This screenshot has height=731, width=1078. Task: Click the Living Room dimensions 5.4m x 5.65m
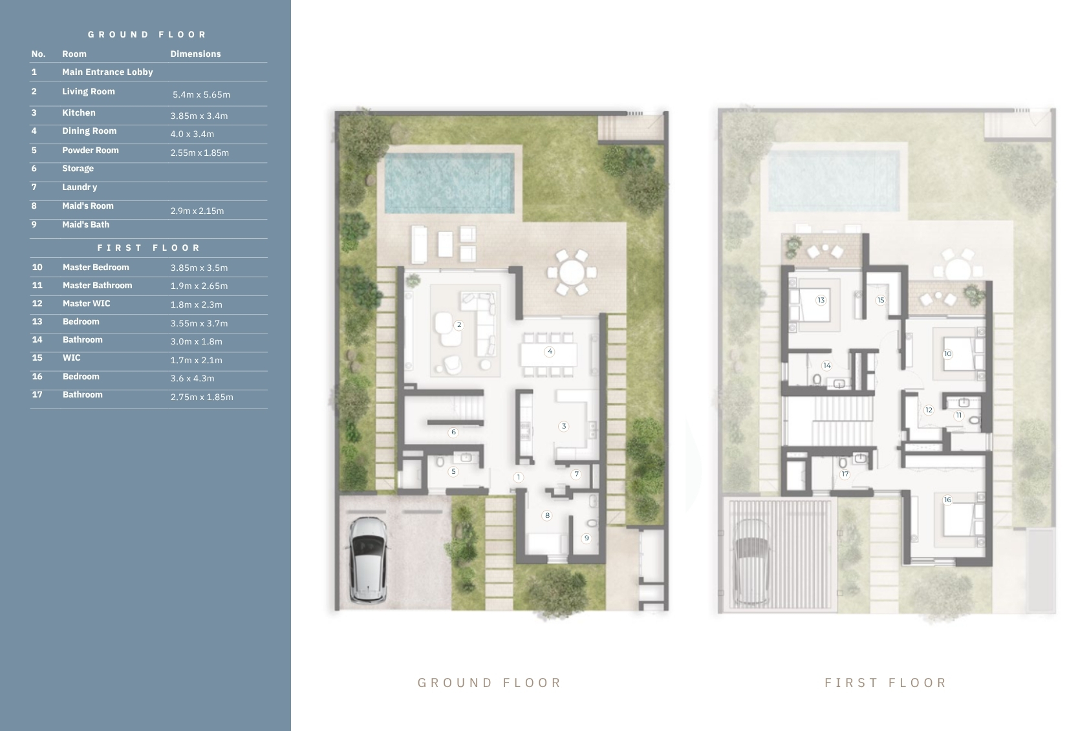click(201, 95)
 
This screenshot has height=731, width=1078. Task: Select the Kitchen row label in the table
click(78, 112)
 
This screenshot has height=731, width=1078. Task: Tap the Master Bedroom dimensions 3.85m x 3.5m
click(199, 268)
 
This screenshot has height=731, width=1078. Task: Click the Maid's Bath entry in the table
click(85, 224)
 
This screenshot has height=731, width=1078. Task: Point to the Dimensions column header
click(195, 54)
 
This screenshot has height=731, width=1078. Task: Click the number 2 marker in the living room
click(459, 324)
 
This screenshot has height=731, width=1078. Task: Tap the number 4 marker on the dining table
click(550, 352)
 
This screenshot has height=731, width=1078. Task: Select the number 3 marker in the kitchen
click(563, 426)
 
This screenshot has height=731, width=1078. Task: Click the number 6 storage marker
click(453, 432)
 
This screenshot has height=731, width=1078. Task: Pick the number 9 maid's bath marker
click(586, 538)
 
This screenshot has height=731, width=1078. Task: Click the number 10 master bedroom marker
click(947, 354)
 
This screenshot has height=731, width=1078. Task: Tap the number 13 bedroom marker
click(821, 300)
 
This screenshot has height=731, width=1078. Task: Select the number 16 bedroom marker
click(947, 500)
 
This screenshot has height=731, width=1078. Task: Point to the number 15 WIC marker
click(881, 300)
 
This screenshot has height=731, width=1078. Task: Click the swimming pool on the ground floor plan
click(449, 183)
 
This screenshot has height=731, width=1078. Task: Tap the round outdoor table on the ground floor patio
click(571, 272)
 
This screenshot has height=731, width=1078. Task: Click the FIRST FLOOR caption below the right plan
click(885, 683)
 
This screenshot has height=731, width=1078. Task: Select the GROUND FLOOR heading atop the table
click(147, 35)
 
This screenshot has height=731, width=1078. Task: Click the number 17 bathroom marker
click(845, 474)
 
